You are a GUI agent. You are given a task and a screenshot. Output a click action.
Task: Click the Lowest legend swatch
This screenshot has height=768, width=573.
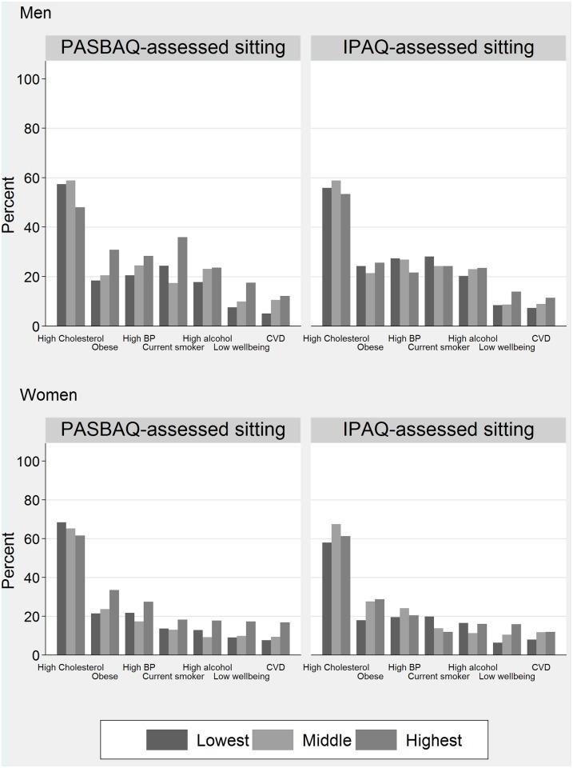[x=167, y=740]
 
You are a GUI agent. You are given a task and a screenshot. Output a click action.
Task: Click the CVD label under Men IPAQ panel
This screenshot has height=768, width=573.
[x=541, y=338]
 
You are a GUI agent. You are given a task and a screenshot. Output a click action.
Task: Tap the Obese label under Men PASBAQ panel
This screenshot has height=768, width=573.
[x=105, y=347]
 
